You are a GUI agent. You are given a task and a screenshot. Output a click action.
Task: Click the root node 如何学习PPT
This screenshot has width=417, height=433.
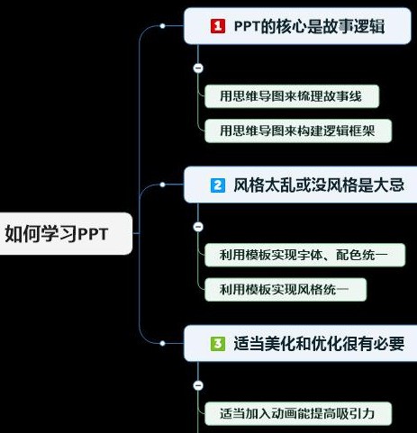(66, 234)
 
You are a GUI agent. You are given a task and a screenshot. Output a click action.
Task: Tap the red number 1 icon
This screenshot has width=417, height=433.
(218, 26)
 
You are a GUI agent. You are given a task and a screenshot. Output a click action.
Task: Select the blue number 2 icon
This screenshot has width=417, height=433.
(218, 185)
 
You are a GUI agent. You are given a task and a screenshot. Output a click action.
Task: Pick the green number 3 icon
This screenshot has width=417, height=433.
(218, 344)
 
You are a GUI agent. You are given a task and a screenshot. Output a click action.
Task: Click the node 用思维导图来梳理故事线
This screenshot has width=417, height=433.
(292, 96)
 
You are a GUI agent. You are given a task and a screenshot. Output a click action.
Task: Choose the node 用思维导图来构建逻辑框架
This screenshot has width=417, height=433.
(298, 131)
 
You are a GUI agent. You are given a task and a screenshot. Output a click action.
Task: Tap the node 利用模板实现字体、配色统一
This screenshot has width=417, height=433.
(304, 255)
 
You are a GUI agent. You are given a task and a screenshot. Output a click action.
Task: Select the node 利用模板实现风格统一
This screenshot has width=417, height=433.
(286, 290)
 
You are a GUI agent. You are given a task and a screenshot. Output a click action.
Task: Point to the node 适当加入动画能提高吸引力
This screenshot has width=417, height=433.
(298, 414)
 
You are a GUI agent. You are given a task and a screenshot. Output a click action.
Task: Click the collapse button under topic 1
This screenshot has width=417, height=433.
(198, 68)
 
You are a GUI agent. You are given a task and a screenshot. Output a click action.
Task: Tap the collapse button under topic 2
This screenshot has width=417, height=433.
(198, 227)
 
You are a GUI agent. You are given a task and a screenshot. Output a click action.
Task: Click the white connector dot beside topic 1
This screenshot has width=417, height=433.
(162, 26)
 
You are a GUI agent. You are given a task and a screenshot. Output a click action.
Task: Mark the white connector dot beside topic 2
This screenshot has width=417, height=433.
(162, 185)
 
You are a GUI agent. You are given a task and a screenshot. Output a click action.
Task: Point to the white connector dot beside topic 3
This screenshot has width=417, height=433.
(162, 343)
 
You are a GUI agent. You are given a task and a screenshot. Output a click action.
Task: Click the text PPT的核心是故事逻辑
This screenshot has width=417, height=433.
(309, 26)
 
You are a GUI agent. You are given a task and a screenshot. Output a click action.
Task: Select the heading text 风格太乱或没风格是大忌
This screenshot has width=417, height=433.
(319, 185)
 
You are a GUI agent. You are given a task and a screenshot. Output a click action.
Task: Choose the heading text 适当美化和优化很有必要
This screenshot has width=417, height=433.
(319, 344)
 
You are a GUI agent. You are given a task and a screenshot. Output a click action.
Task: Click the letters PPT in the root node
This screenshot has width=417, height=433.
(93, 235)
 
